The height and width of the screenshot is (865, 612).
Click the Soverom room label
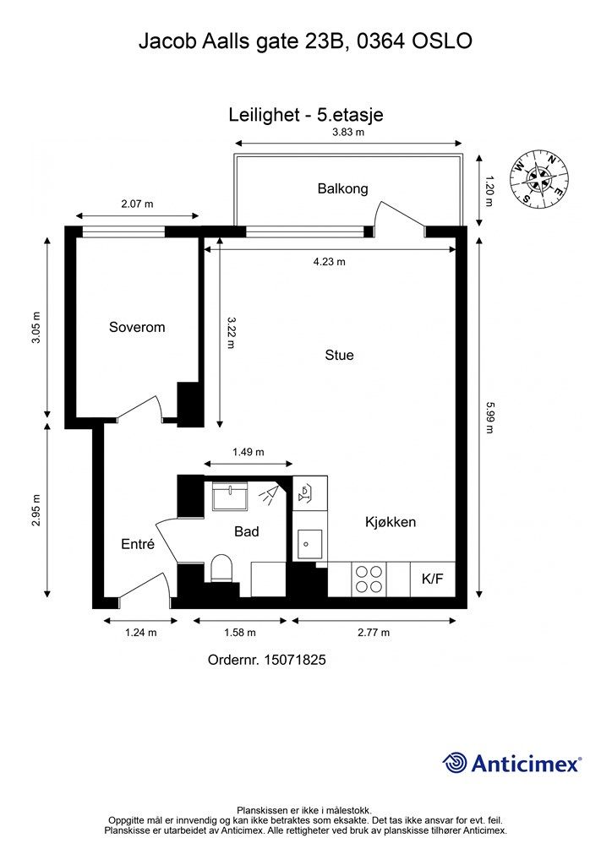137,327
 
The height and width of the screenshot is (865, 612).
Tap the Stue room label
339,355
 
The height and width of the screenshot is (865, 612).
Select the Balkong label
342,188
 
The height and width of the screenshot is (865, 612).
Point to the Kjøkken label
391,522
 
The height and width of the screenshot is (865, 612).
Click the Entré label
138,544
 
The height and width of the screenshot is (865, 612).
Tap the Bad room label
246,531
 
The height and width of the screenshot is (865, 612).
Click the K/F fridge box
433,579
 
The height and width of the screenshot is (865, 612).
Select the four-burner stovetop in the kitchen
369,579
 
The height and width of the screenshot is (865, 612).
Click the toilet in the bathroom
221,569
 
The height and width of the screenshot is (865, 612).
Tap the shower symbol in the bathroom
270,494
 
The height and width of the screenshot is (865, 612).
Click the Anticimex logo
511,764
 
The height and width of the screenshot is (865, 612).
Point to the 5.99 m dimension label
489,417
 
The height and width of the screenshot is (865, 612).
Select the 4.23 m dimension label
330,262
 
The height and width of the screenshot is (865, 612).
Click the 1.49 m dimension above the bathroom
249,453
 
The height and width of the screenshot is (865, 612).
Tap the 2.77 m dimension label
374,633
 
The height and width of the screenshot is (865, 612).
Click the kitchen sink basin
309,545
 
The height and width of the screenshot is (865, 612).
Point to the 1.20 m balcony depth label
489,191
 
